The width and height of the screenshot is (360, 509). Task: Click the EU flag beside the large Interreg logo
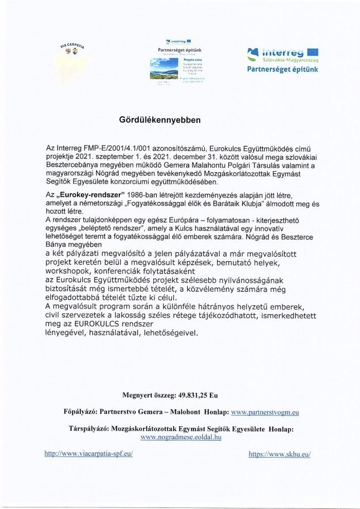pos(312,51)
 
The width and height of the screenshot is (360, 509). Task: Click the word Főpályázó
pos(77,412)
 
